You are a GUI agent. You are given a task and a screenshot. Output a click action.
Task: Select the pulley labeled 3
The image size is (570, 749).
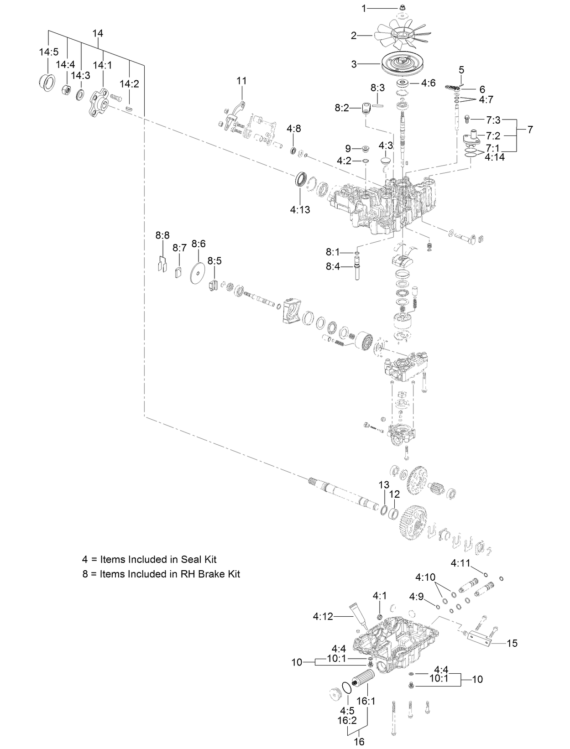point(404,65)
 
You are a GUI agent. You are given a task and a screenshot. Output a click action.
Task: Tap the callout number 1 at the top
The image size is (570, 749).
point(364,8)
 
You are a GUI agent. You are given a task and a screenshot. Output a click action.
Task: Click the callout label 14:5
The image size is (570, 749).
point(48,52)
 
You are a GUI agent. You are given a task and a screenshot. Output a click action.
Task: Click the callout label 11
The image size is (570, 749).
point(241,81)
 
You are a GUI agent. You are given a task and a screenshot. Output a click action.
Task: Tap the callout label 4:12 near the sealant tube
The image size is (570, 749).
point(323,616)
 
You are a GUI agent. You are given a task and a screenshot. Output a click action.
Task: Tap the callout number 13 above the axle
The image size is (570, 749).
point(384,484)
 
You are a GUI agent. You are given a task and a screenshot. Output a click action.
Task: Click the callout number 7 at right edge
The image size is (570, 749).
point(529,130)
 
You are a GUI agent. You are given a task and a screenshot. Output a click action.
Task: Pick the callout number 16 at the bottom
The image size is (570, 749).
point(359,742)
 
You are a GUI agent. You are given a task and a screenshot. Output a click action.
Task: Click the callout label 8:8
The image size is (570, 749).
point(162,235)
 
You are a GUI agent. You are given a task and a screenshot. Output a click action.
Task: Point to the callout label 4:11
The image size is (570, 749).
point(460,563)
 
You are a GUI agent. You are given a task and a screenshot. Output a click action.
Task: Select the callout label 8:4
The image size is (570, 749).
point(333,266)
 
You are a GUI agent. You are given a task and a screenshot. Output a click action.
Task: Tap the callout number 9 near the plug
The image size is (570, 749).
point(348,148)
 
